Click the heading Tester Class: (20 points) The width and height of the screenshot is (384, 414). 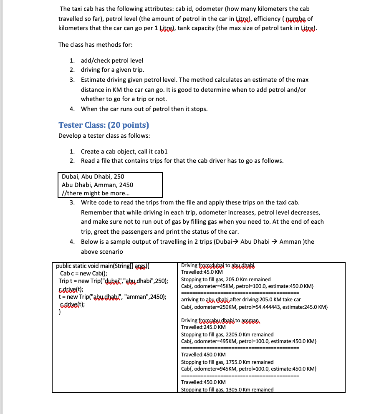[x=104, y=125]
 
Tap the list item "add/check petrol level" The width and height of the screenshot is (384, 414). [x=112, y=61]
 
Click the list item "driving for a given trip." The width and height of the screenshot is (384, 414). [x=113, y=70]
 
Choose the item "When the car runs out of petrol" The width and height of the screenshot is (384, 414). [x=144, y=109]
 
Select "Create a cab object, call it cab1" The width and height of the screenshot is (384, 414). [x=124, y=151]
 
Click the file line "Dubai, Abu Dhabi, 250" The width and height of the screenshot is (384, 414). [x=93, y=177]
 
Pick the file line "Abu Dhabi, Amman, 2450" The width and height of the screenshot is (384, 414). [x=97, y=185]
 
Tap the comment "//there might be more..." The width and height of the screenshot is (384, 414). [x=96, y=193]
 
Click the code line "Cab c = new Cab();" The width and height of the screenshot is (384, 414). [x=84, y=273]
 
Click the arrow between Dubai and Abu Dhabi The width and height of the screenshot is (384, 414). [x=235, y=242]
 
